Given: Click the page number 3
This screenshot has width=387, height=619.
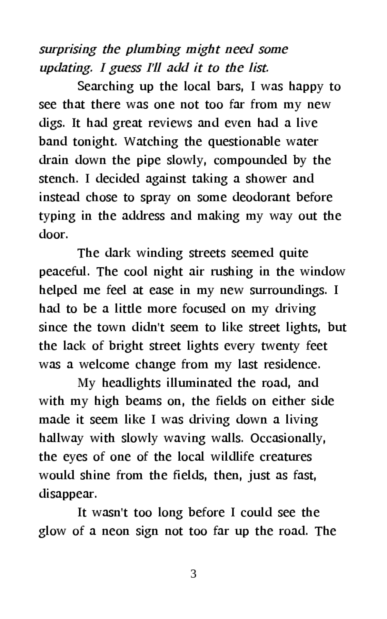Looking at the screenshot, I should [193, 574].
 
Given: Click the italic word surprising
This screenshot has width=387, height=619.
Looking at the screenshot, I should [67, 50].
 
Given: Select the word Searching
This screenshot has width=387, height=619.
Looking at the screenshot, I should [105, 87].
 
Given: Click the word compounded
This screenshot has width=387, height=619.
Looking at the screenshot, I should [250, 160].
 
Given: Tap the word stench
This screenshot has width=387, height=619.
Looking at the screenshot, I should [58, 179].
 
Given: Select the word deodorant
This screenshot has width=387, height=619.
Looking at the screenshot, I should [261, 197].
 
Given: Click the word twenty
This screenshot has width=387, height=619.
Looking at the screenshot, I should [281, 346].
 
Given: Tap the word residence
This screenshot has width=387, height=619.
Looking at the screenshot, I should [292, 365].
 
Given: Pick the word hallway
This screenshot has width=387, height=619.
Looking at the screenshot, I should [61, 438].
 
